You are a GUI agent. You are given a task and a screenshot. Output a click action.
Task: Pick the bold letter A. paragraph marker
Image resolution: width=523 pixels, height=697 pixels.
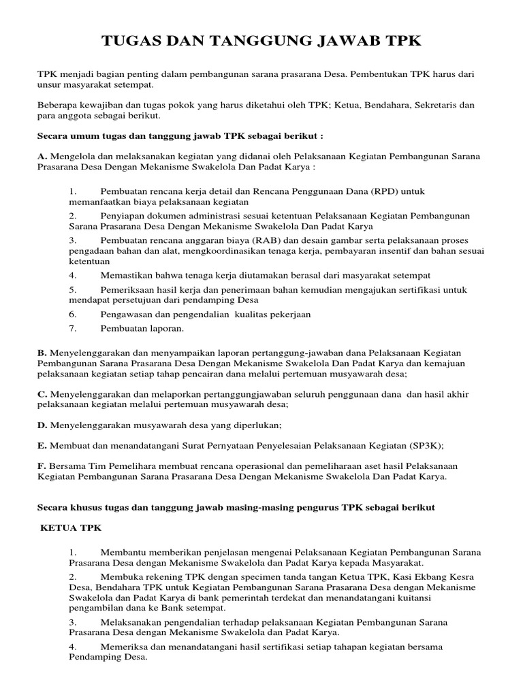coord(42,157)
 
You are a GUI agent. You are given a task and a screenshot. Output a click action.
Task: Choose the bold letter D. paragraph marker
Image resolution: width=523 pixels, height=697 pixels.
coord(42,425)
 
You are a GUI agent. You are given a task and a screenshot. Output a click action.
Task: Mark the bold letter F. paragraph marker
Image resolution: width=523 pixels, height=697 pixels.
coord(41,466)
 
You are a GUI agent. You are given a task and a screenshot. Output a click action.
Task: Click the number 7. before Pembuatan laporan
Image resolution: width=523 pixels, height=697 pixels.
coord(74,328)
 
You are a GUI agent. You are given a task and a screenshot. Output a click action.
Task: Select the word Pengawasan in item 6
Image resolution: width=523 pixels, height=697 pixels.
coord(127,314)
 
